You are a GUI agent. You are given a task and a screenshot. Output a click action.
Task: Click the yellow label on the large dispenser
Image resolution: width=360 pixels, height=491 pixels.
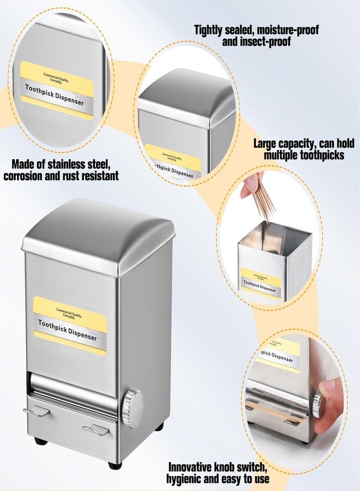coord(70,326)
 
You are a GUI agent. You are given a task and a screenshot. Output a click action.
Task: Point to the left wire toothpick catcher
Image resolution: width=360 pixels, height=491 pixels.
coord(37,410)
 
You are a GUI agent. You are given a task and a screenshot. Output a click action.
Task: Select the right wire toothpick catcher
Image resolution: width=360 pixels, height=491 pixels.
coord(96,430)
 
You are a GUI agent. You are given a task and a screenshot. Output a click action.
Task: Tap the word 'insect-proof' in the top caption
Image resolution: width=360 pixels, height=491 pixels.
coord(256,41)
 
